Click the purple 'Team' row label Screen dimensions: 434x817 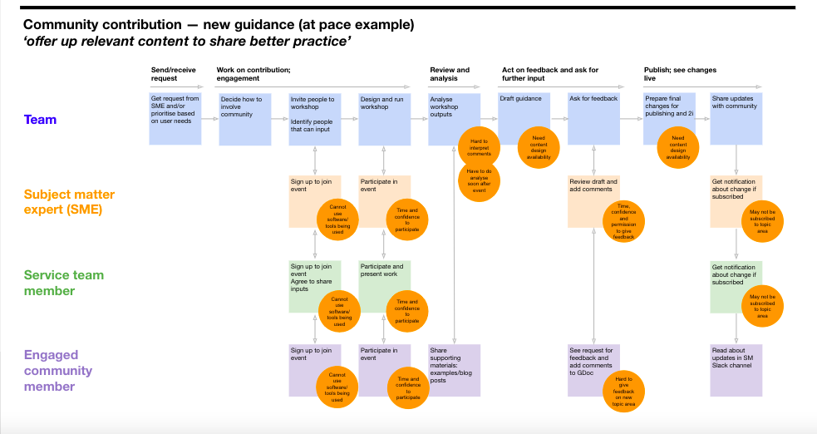40,120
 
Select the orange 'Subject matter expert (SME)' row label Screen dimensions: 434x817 63,202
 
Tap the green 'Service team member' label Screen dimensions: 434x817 64,283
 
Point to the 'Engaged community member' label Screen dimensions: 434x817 58,371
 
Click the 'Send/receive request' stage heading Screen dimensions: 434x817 164,74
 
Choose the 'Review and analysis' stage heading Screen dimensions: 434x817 450,74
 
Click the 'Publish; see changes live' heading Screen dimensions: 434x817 680,74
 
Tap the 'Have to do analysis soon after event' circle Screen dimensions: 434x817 479,181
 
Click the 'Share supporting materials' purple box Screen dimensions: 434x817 454,370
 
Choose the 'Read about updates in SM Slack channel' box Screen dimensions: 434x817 736,370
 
